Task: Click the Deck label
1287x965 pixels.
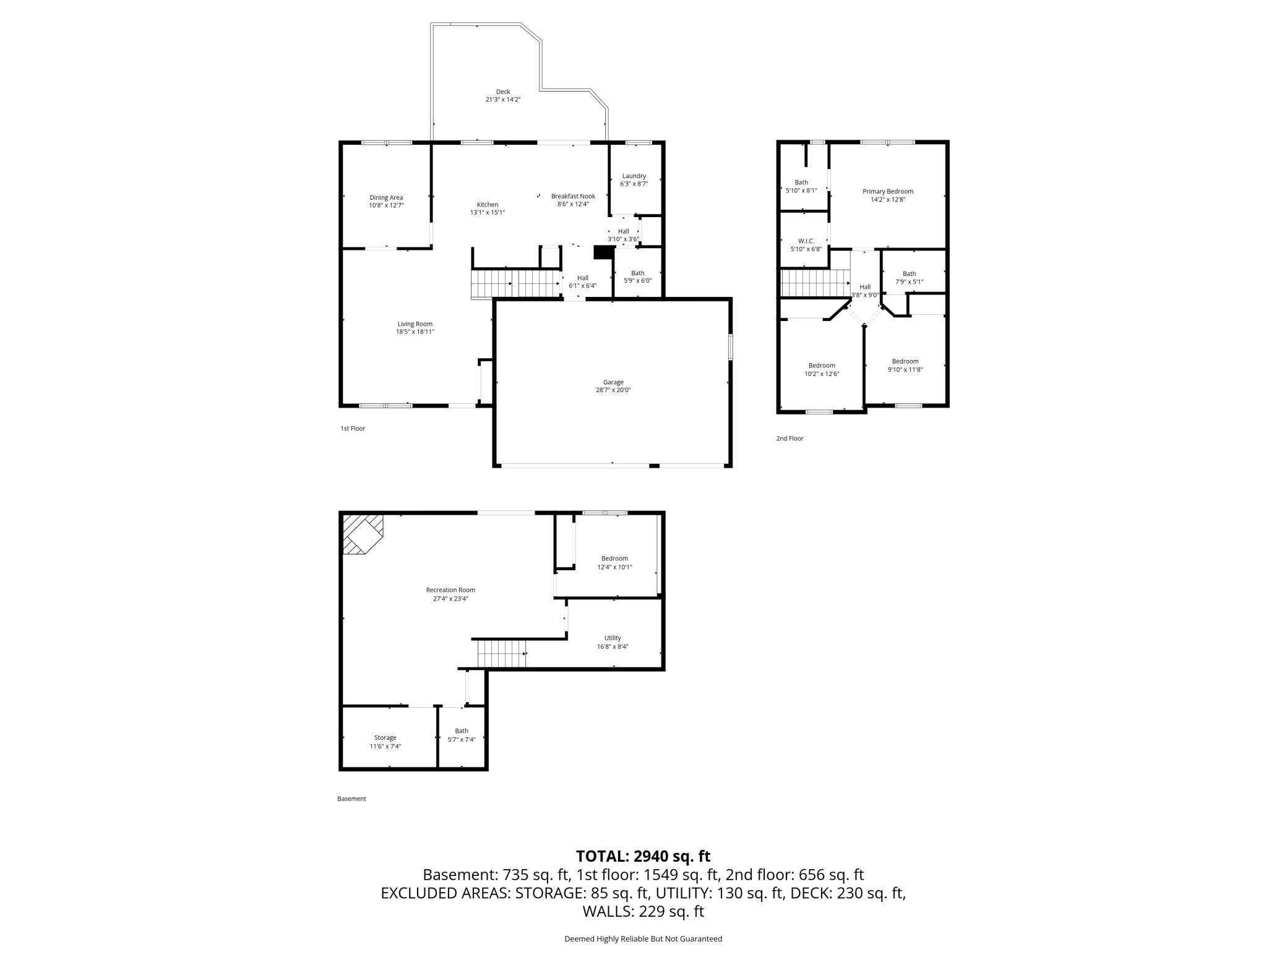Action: (502, 92)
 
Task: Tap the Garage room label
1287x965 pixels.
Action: (613, 382)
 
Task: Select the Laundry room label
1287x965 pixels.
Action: (634, 176)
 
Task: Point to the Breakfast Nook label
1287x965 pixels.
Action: (573, 197)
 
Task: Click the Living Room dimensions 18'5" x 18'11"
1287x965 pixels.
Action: (415, 332)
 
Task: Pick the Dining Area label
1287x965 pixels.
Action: (386, 198)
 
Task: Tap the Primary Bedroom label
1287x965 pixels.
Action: (887, 192)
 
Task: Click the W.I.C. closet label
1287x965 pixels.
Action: (806, 241)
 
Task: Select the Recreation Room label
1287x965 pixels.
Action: (450, 590)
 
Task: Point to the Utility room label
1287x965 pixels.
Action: (613, 638)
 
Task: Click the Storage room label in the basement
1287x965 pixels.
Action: (385, 738)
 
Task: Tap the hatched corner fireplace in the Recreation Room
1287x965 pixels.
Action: (362, 533)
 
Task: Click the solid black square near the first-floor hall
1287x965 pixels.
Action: (602, 252)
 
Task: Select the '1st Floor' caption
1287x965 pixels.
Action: (353, 429)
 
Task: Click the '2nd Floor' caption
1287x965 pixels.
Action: (790, 439)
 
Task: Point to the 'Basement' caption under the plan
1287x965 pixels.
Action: (351, 799)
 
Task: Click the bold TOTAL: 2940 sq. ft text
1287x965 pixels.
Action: (643, 856)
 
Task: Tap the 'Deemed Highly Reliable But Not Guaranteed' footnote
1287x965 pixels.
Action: (643, 939)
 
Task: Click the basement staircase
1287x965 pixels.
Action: (501, 654)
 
